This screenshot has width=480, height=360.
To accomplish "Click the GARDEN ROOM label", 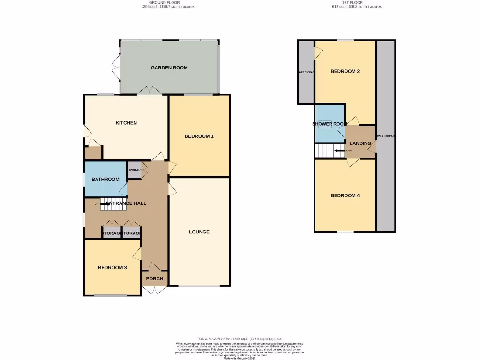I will tap(169, 68).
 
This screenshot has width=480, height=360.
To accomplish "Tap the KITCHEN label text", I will tap(126, 123).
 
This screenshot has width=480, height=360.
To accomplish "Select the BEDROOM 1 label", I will tap(199, 136).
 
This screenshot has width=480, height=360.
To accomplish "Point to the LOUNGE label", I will tap(199, 232).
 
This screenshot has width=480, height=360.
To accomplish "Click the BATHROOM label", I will tap(105, 180).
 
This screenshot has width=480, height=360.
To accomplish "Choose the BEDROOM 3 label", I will tap(112, 268).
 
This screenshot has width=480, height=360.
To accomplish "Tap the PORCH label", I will tap(155, 278).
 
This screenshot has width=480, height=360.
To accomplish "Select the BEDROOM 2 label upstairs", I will tap(345, 72).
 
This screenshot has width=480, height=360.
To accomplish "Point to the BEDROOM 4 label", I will tap(345, 195).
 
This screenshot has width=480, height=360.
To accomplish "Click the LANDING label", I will tap(360, 143).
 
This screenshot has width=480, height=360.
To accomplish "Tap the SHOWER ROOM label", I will tap(330, 124).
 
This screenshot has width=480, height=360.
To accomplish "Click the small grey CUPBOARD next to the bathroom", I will tap(134, 170).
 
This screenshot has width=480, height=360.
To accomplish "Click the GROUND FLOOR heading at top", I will tap(160, 2).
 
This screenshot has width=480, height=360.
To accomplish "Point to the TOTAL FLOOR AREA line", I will tap(240, 338).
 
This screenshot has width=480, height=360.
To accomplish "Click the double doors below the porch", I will tap(155, 291).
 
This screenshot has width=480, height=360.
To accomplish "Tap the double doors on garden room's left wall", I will tap(115, 66).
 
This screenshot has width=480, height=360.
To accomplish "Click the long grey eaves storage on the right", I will tap(386, 136).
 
